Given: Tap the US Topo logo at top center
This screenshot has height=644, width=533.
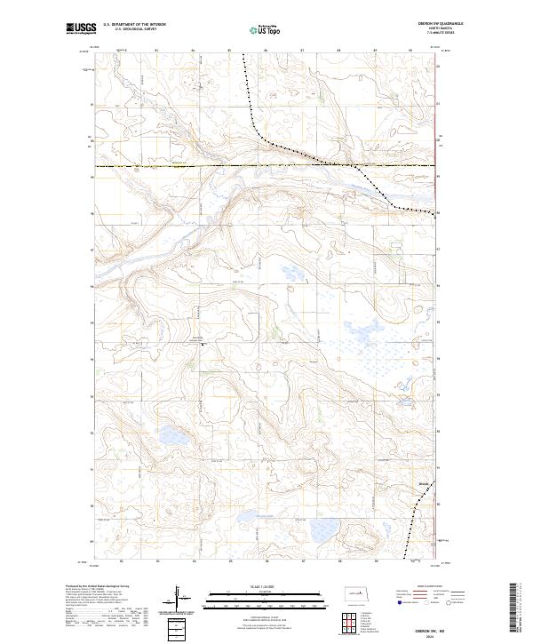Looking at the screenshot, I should coord(266,29).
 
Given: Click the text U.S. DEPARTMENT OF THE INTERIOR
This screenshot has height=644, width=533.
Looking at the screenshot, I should coord(134,24).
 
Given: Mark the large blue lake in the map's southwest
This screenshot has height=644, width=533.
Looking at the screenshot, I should coord(171,435).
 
